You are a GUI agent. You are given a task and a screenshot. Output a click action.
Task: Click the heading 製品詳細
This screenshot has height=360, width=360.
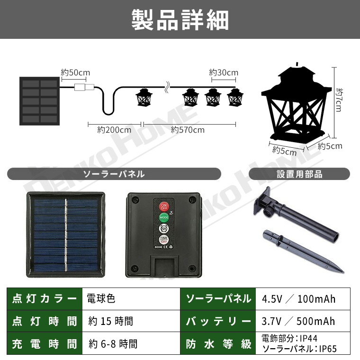(x=180, y=20)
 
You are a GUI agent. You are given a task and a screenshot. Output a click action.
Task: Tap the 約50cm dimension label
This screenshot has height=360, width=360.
(x=75, y=72)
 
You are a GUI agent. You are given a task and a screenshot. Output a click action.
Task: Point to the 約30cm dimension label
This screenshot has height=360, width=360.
(x=224, y=72)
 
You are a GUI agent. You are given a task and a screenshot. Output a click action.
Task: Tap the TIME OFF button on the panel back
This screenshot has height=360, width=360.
(x=163, y=239)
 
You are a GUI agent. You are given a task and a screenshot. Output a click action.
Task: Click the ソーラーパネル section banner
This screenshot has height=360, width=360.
(x=114, y=174)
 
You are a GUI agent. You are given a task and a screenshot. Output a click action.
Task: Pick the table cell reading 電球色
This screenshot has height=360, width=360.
(x=101, y=298)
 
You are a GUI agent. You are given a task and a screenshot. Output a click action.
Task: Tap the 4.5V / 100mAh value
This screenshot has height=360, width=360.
(x=298, y=298)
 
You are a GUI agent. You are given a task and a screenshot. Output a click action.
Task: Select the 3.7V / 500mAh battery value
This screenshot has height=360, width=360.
(x=298, y=321)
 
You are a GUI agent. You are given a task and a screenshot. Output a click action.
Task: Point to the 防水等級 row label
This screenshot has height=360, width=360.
(x=218, y=344)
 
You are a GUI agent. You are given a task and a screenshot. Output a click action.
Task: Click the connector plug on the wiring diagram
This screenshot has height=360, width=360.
(x=84, y=87)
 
